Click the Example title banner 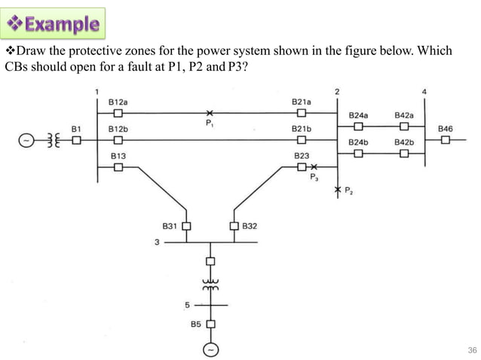[55, 23]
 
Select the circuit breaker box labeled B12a [118, 113]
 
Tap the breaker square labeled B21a [301, 113]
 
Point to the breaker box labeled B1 [76, 140]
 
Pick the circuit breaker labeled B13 [118, 167]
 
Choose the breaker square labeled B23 [301, 166]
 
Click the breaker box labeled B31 [185, 225]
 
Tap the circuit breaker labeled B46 [446, 140]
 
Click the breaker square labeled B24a [358, 127]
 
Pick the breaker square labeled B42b [404, 154]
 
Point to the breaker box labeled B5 [210, 325]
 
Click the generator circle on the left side [26, 140]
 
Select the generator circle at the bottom [210, 350]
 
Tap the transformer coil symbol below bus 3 [210, 285]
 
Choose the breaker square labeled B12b [118, 140]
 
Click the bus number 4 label [424, 92]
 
